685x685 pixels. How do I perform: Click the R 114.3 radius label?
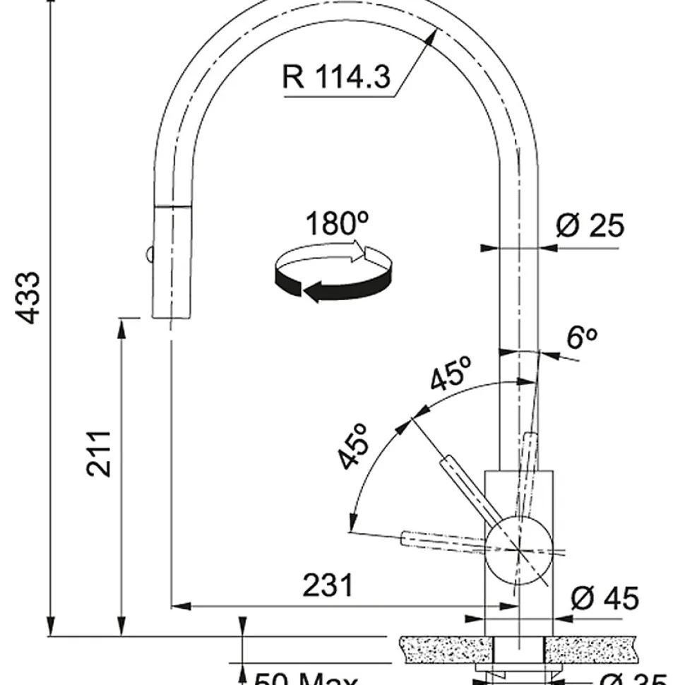(x=336, y=76)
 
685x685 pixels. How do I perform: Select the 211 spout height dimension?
(x=100, y=453)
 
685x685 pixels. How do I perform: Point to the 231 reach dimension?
(x=328, y=585)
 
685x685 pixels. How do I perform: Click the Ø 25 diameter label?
(x=590, y=226)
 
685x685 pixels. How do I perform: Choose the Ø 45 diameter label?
(x=604, y=599)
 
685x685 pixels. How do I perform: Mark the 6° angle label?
(x=583, y=339)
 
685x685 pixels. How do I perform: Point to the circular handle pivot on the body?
(x=519, y=549)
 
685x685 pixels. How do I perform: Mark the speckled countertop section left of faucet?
(x=445, y=648)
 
